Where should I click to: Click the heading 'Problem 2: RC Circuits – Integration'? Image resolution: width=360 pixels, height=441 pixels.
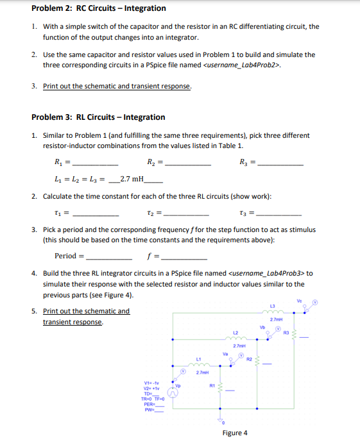pyautogui.click(x=99, y=8)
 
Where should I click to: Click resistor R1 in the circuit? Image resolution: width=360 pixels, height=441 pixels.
pyautogui.click(x=221, y=388)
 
